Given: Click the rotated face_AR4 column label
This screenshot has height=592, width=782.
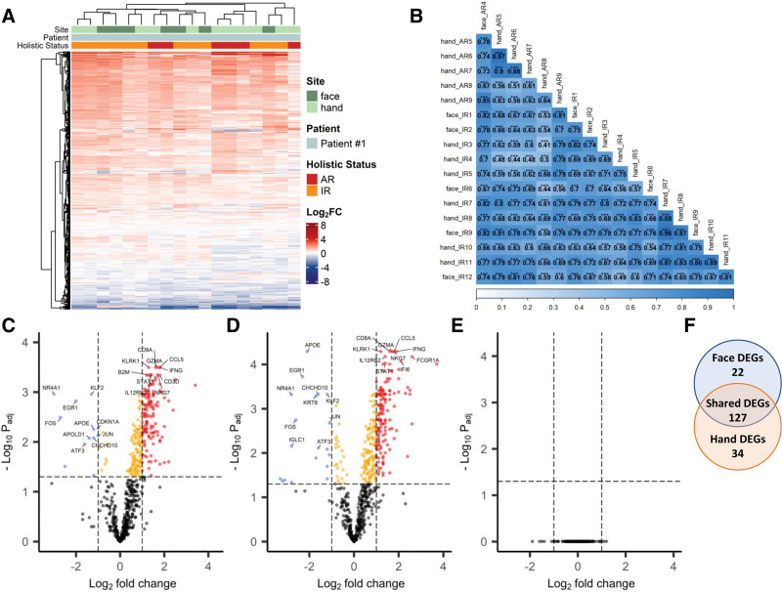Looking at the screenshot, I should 487,17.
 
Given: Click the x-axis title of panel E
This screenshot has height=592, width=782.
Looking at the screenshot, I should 576,580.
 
